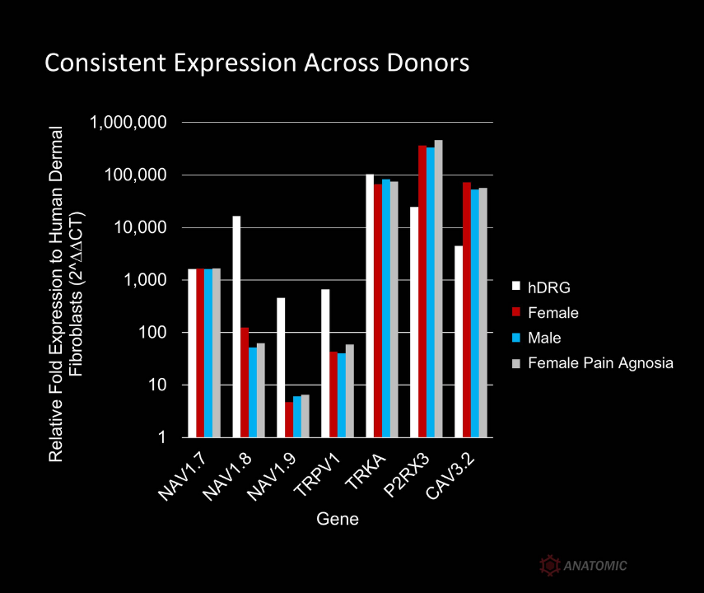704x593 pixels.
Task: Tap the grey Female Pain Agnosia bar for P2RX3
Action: point(439,288)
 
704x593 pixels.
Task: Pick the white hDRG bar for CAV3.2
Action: point(459,341)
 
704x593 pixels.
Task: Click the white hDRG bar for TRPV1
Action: point(325,363)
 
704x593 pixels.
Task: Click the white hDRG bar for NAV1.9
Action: point(281,367)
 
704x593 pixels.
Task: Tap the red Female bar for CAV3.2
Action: point(467,310)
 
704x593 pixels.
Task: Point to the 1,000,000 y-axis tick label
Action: point(128,122)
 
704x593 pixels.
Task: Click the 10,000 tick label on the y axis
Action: point(140,227)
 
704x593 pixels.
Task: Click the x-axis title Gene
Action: point(338,520)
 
